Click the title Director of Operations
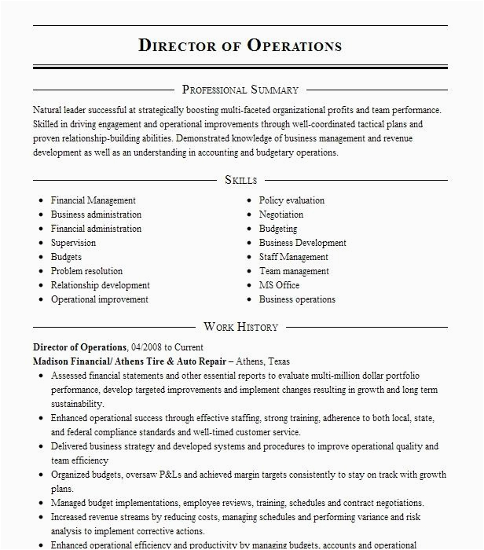click(x=240, y=45)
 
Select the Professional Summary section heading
click(x=240, y=90)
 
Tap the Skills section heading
click(x=240, y=180)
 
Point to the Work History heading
click(x=240, y=326)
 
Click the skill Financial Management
click(x=93, y=200)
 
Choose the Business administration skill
click(x=96, y=214)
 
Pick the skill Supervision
click(x=73, y=243)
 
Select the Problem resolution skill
click(x=86, y=271)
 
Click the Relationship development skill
click(x=100, y=285)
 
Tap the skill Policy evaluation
click(x=291, y=200)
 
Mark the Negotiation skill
click(x=280, y=214)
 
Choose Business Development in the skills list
click(x=302, y=243)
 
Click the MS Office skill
click(x=279, y=285)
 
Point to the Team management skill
click(x=294, y=271)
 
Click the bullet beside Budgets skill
click(x=40, y=258)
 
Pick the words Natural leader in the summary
click(x=60, y=110)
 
